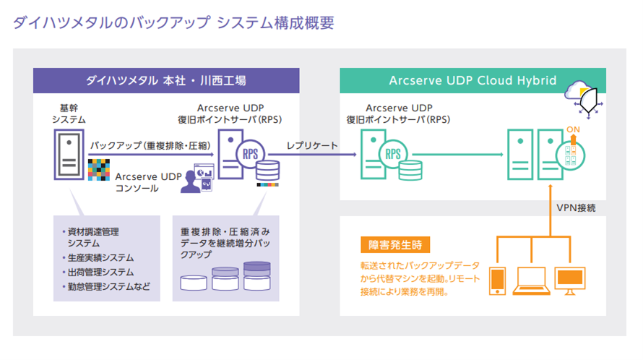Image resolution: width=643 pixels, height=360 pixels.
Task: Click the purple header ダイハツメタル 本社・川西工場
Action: point(166,80)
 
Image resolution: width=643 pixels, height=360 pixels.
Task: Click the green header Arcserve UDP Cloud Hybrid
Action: point(472,80)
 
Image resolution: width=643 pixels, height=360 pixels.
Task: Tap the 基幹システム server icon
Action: point(69,155)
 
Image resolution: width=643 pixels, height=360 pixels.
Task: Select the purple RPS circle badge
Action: point(250,154)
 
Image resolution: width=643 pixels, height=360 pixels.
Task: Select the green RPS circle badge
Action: point(393,154)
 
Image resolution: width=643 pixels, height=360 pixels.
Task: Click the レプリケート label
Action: point(312,145)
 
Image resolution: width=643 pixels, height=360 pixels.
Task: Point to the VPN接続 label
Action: point(576,207)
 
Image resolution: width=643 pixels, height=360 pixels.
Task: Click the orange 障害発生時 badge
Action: point(395,245)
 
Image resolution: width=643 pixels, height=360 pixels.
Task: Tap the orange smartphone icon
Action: point(498,281)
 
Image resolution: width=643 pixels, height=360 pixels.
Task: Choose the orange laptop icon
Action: point(532,281)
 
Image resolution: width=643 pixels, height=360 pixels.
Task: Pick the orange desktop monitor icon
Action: point(570,281)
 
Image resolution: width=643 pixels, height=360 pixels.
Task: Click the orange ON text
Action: point(574,129)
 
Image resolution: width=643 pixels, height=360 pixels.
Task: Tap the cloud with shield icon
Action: point(584,98)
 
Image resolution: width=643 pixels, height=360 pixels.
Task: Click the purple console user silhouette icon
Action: point(191,182)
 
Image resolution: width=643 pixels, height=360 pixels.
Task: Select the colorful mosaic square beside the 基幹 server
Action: point(99,170)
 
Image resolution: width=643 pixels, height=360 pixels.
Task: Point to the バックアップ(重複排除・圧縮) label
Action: point(150,145)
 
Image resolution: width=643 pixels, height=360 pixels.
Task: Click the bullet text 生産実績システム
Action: point(101,258)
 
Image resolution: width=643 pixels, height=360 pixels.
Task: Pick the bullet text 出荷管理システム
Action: point(101,272)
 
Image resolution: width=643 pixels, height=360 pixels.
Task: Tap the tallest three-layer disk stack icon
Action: point(257,276)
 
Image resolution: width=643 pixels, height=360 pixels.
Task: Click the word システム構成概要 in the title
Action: point(275,22)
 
